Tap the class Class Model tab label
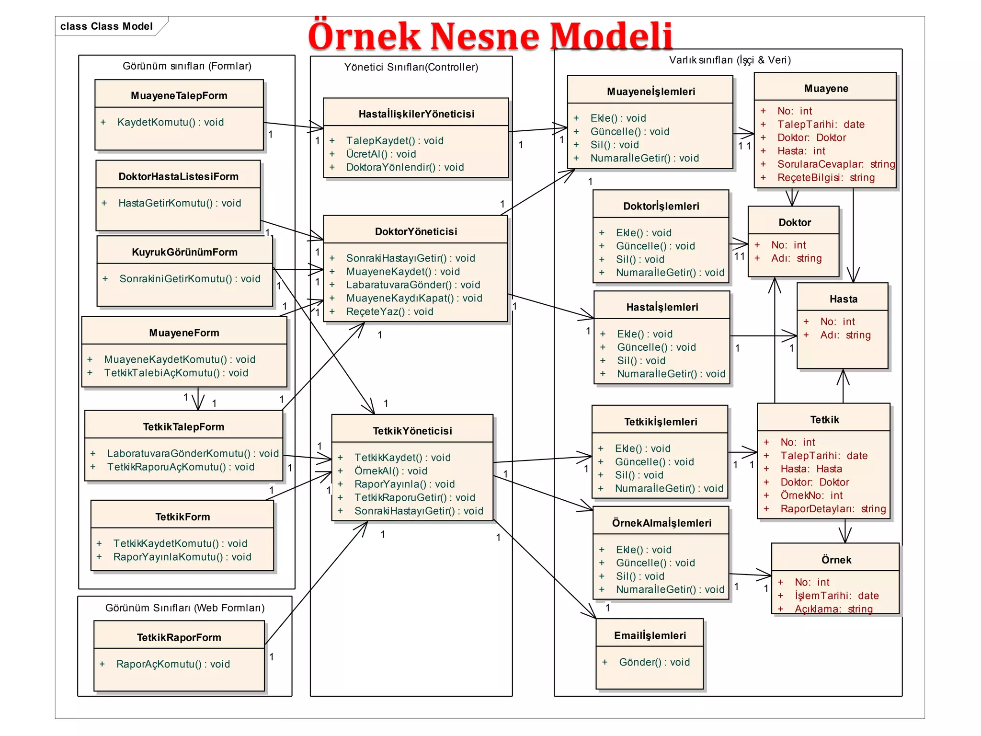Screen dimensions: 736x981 (x=106, y=26)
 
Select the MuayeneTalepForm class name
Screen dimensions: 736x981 (x=179, y=96)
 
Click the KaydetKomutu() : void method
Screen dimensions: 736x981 (x=170, y=122)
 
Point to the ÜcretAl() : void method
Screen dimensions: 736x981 (x=381, y=154)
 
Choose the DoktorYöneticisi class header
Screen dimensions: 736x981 (x=416, y=231)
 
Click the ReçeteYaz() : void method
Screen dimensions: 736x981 (x=389, y=311)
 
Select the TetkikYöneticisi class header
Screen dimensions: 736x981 (x=412, y=431)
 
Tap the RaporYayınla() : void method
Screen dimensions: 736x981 (x=404, y=484)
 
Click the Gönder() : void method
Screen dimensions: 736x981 (x=654, y=662)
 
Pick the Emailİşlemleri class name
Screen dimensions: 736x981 (x=650, y=635)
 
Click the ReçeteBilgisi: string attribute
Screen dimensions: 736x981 (x=826, y=178)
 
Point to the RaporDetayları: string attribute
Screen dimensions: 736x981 (x=833, y=509)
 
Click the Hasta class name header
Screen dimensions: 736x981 (x=843, y=299)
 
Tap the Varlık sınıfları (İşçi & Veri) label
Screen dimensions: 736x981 (x=730, y=60)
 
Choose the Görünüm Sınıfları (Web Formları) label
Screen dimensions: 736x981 (x=185, y=608)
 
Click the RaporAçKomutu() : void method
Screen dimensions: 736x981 (x=173, y=664)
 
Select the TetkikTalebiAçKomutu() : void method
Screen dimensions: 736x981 (x=176, y=373)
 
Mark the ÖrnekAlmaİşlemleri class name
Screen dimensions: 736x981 (x=662, y=523)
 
